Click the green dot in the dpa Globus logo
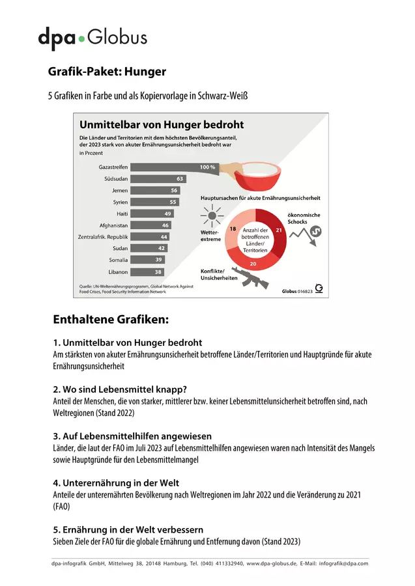tap(81, 38)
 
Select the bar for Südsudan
tap(158, 178)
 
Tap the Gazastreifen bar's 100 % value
tap(207, 167)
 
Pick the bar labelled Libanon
tap(147, 272)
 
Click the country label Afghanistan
tap(113, 225)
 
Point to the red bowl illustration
tap(257, 176)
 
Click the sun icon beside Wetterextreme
tap(212, 216)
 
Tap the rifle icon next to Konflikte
tap(250, 277)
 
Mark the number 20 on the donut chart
tap(253, 264)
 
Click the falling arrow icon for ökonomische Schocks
tap(306, 235)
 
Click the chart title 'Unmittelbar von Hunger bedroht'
tap(162, 124)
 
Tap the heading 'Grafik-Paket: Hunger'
tap(107, 72)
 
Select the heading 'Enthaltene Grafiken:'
tap(111, 320)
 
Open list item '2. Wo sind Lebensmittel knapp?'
tap(120, 389)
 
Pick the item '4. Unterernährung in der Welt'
tap(116, 483)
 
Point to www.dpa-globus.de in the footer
tap(272, 564)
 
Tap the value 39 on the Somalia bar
tap(158, 260)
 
